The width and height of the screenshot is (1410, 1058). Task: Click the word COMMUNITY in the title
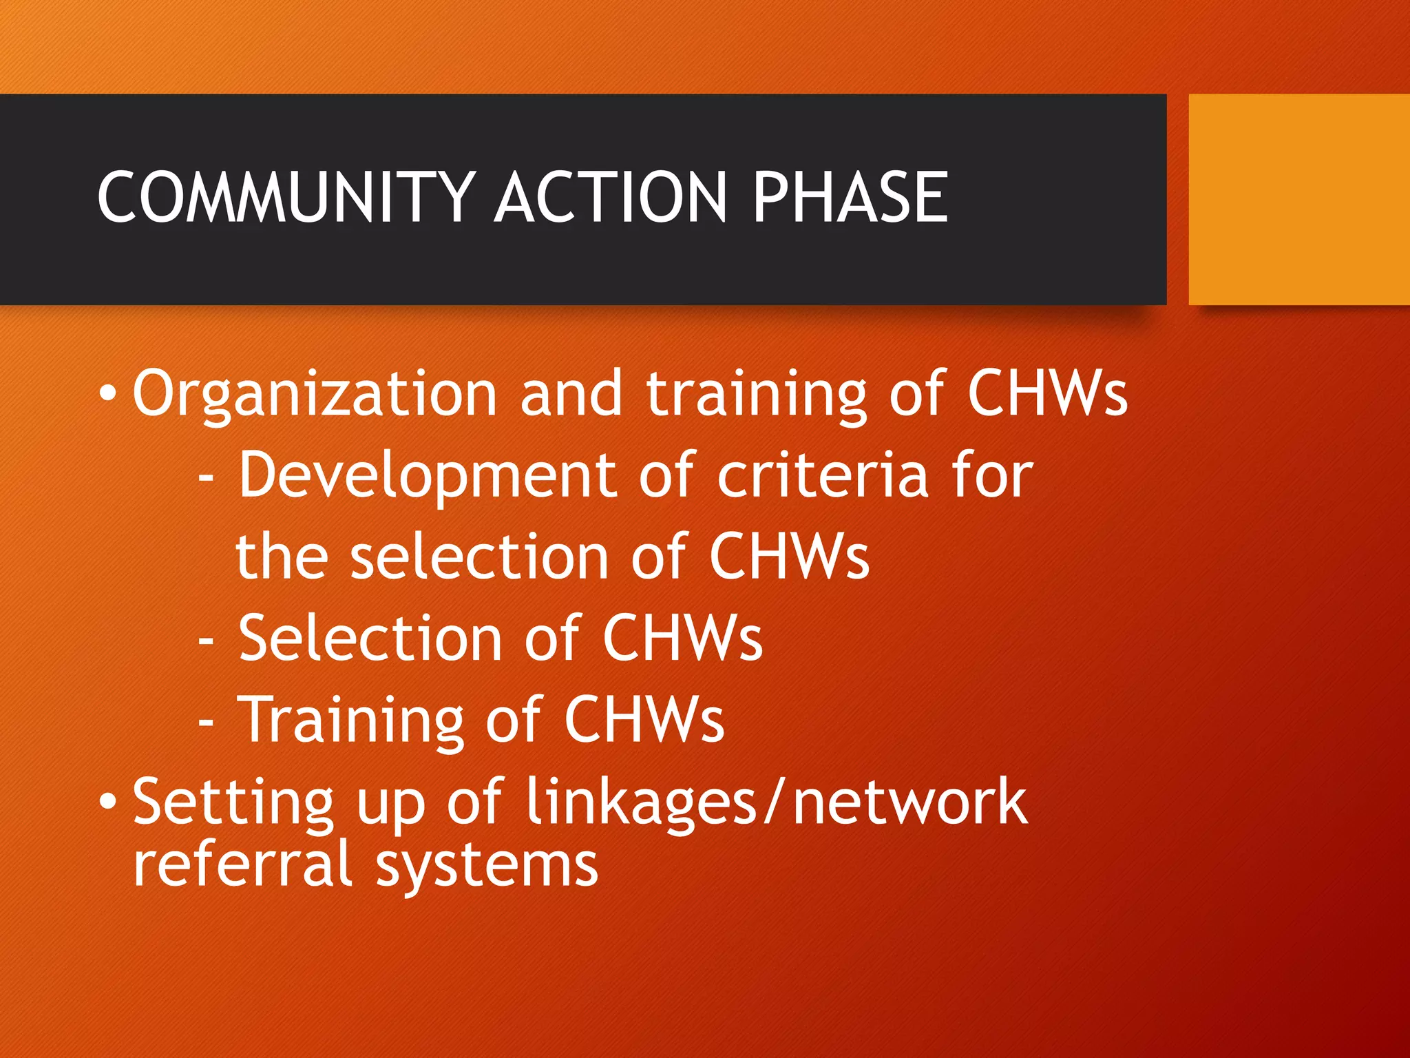pos(286,198)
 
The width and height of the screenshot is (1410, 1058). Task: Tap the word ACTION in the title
pos(611,198)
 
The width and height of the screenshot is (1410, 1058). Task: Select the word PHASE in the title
pos(850,198)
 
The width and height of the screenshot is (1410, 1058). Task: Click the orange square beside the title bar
pos(1299,199)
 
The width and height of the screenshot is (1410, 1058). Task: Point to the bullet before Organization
pos(107,395)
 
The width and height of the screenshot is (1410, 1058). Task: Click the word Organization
pos(315,395)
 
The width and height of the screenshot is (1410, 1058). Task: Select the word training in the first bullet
pos(756,395)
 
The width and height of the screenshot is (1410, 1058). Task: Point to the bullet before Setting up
pos(107,802)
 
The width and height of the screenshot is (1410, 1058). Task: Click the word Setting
pos(233,802)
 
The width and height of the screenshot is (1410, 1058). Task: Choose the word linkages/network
pos(776,802)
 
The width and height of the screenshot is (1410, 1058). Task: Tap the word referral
pos(243,864)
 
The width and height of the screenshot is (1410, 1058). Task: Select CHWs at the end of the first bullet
pos(1047,393)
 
